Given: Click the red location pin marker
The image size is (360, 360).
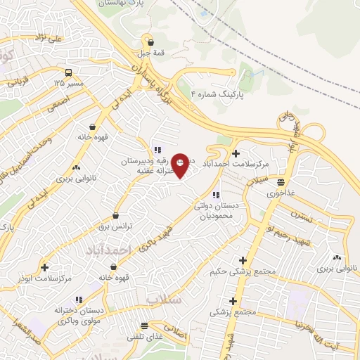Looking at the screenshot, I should pos(181,165).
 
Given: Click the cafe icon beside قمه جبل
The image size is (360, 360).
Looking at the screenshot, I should pos(151,42).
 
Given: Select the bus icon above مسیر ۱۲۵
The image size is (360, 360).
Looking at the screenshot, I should pos(68,72).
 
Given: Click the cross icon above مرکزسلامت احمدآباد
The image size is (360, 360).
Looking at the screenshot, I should pos(236,153).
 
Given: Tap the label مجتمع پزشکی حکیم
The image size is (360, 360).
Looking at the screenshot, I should pos(240,271).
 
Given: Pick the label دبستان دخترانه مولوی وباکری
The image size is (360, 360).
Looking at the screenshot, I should pos(79,314).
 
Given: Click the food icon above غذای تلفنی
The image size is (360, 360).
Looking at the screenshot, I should pos(144,326).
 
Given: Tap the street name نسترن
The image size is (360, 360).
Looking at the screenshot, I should pos(297,214).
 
